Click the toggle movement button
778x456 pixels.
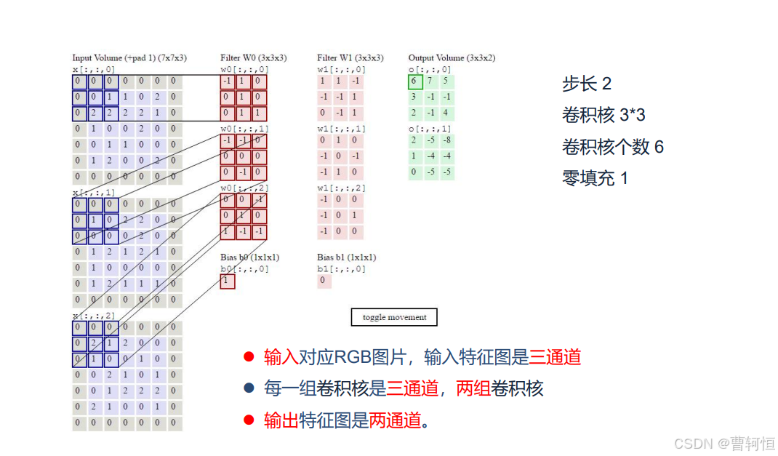[394, 317]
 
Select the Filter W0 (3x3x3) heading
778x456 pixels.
[253, 57]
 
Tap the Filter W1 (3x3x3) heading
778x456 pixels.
[350, 57]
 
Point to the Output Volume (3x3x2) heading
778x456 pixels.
[452, 57]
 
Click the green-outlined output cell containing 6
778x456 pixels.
[414, 81]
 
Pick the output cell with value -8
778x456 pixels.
[446, 140]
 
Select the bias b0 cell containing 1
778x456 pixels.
[227, 281]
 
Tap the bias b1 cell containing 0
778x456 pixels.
[324, 281]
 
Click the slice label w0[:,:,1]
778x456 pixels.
[244, 128]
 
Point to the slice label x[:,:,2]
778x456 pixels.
[94, 315]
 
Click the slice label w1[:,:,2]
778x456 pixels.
[341, 188]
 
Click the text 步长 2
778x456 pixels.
[586, 84]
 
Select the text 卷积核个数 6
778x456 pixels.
[612, 147]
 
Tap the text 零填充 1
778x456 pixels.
[594, 178]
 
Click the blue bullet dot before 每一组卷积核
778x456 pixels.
[249, 388]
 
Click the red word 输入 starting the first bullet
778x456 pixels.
[281, 357]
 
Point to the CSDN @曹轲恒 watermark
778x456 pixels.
[723, 442]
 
